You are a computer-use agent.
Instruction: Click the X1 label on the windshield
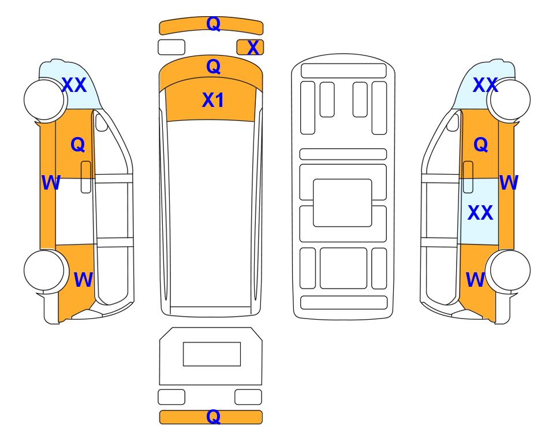pos(212,100)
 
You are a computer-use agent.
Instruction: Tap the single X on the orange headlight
pos(253,47)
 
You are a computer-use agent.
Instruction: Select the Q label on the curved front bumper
pos(214,24)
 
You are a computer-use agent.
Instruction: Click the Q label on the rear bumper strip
pos(213,416)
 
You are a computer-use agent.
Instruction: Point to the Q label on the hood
pos(213,66)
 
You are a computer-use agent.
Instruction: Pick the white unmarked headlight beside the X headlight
pos(171,47)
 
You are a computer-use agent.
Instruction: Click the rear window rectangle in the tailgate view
pos(212,354)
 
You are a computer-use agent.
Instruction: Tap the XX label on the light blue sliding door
pos(480,212)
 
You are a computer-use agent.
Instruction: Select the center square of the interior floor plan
pos(342,203)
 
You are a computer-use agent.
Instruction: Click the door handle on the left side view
pos(86,177)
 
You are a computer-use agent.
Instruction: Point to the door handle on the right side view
pos(468,177)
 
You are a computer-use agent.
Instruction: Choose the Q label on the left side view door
pos(78,145)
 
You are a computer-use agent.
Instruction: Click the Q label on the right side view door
pos(481,145)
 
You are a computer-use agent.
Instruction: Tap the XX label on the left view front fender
pos(74,85)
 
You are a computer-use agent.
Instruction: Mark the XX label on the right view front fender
pos(486,85)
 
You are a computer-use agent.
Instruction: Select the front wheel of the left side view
pos(44,99)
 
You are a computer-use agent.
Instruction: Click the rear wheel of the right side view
pos(510,271)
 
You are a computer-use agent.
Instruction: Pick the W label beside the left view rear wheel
pos(83,280)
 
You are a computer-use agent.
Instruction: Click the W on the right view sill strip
pos(509,182)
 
